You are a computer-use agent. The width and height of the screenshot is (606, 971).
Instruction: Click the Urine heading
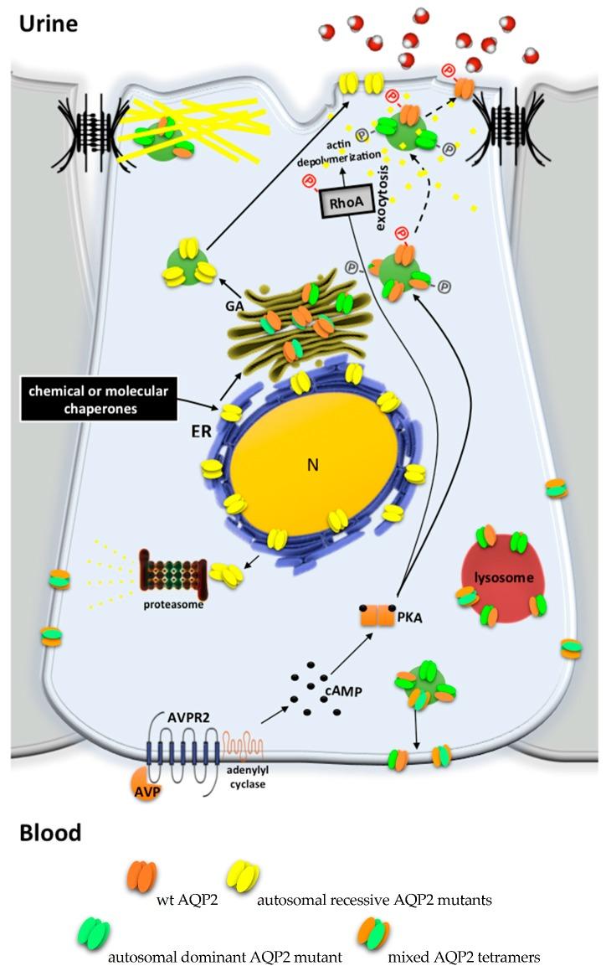49,23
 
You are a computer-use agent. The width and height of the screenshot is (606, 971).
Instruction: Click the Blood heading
50,832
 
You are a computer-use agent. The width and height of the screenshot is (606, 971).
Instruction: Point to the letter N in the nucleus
312,465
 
